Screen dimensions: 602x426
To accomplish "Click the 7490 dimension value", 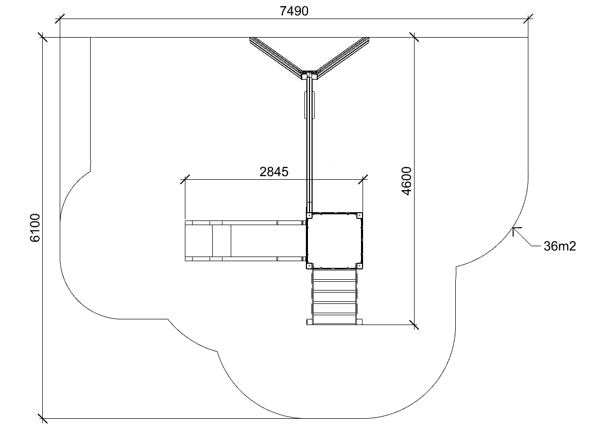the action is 294,11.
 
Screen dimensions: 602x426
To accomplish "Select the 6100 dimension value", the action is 35,228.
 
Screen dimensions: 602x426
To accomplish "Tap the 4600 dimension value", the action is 407,181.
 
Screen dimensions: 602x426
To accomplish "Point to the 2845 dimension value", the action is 274,172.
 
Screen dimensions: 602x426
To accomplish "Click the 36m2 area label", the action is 560,246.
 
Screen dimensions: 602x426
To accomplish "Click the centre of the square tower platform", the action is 334,241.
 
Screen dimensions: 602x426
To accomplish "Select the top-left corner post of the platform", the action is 309,215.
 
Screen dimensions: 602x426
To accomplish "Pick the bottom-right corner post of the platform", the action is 360,266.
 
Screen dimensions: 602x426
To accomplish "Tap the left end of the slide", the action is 186,241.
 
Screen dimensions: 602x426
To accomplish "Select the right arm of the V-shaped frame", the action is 342,57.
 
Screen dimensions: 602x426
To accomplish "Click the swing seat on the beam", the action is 309,105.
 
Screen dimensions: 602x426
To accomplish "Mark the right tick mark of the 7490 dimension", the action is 528,19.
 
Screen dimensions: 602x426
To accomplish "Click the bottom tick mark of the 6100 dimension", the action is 43,418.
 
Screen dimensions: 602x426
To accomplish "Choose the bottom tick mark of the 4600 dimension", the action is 414,325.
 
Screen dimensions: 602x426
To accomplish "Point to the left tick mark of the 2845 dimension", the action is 185,179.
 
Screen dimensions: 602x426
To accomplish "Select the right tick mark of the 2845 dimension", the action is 363,179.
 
